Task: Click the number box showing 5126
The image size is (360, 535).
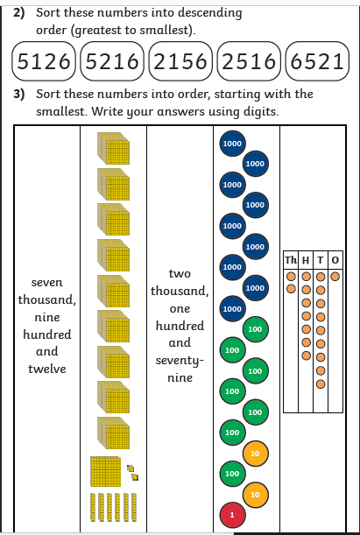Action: pyautogui.click(x=43, y=61)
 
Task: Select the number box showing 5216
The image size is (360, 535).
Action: pyautogui.click(x=112, y=61)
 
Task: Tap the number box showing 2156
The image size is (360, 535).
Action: pyautogui.click(x=180, y=61)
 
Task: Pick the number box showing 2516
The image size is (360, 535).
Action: pyautogui.click(x=249, y=61)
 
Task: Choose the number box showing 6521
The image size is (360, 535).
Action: pyautogui.click(x=317, y=61)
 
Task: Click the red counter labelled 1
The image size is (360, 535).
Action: pyautogui.click(x=232, y=515)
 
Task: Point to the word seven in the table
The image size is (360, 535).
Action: pyautogui.click(x=47, y=283)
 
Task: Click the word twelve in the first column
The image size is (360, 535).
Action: pyautogui.click(x=47, y=369)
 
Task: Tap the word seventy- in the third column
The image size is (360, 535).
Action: pyautogui.click(x=180, y=361)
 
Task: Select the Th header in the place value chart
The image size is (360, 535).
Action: pyautogui.click(x=291, y=260)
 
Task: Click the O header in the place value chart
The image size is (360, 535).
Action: pyautogui.click(x=335, y=260)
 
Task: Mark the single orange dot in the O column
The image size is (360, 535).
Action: pyautogui.click(x=335, y=277)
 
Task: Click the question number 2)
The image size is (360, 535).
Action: pyautogui.click(x=19, y=13)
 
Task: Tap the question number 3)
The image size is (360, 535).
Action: pyautogui.click(x=19, y=95)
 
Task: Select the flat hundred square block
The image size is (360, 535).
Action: pyautogui.click(x=106, y=471)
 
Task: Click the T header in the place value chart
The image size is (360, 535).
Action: pyautogui.click(x=321, y=260)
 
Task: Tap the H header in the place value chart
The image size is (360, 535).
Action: pyautogui.click(x=306, y=260)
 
